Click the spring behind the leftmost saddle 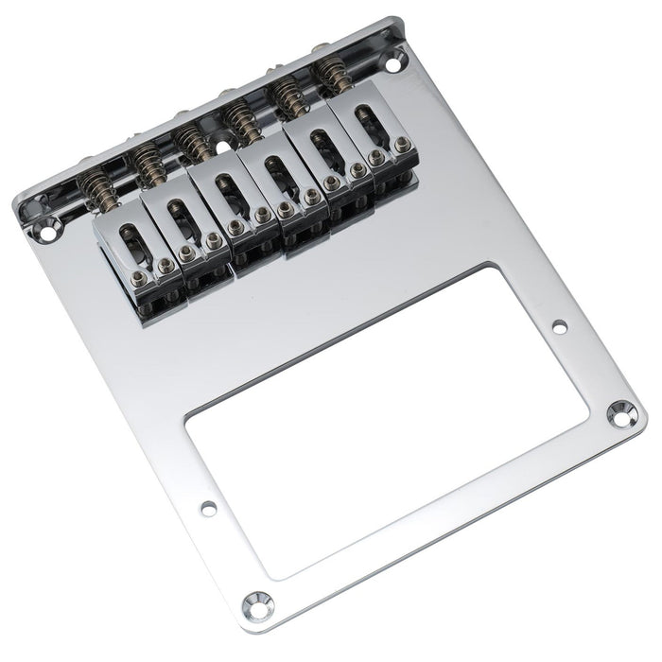tap(97, 191)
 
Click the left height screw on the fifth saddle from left tap(331, 181)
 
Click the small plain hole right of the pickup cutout tap(559, 327)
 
